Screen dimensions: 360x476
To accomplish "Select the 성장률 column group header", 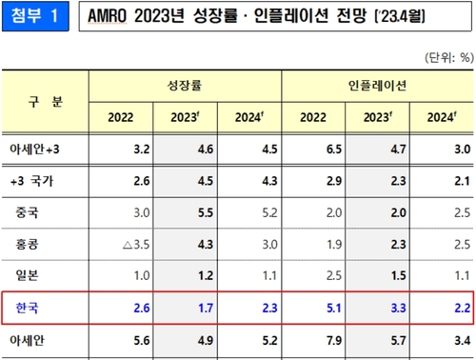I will pos(185,86).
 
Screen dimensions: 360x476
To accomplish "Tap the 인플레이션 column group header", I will pos(378,86).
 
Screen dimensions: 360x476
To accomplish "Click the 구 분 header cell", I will pos(45,101).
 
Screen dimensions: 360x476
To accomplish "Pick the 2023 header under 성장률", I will pos(186,117).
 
